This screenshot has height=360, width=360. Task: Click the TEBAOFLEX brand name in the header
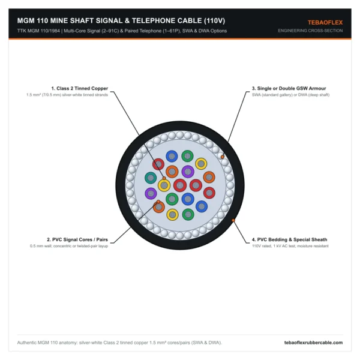coord(325,23)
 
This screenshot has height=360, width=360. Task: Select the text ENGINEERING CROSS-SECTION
coord(310,31)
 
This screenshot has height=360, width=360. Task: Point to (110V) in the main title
coord(214,20)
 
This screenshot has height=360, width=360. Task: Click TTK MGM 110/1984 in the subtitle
coord(38,31)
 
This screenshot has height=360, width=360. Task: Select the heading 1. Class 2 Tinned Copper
coord(79,88)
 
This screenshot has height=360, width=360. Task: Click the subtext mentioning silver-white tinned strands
coord(67,95)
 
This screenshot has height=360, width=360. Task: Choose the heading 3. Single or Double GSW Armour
coord(289,88)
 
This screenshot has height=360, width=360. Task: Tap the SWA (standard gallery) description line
coord(290,95)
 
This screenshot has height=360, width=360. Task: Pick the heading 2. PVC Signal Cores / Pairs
coord(77,239)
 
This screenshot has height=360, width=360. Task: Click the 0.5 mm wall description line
coord(69,246)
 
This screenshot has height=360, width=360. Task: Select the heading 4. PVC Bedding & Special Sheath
coord(290,239)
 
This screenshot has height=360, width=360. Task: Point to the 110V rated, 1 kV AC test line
coord(290,246)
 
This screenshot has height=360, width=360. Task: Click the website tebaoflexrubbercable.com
coord(313,343)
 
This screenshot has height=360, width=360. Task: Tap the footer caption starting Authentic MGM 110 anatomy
coord(119,343)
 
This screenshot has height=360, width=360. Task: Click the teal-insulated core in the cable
coord(151,178)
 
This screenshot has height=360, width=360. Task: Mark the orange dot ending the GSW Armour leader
coord(222,157)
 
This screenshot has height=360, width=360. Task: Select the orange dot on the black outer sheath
coord(233,220)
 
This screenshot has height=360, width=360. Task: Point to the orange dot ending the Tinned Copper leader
coord(164,178)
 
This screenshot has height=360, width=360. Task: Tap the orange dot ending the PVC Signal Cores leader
coord(158,202)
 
